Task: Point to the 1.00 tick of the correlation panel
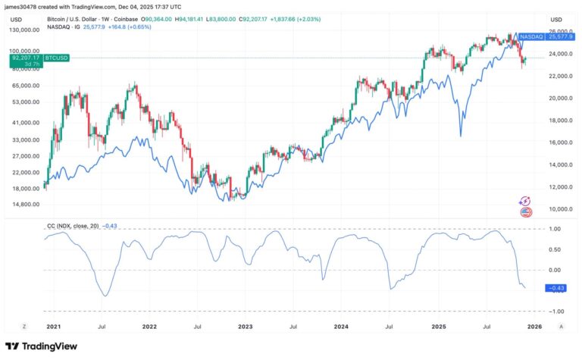pyautogui.click(x=555, y=228)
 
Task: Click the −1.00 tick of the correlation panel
pyautogui.click(x=555, y=311)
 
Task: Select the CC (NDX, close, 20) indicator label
pyautogui.click(x=74, y=225)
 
